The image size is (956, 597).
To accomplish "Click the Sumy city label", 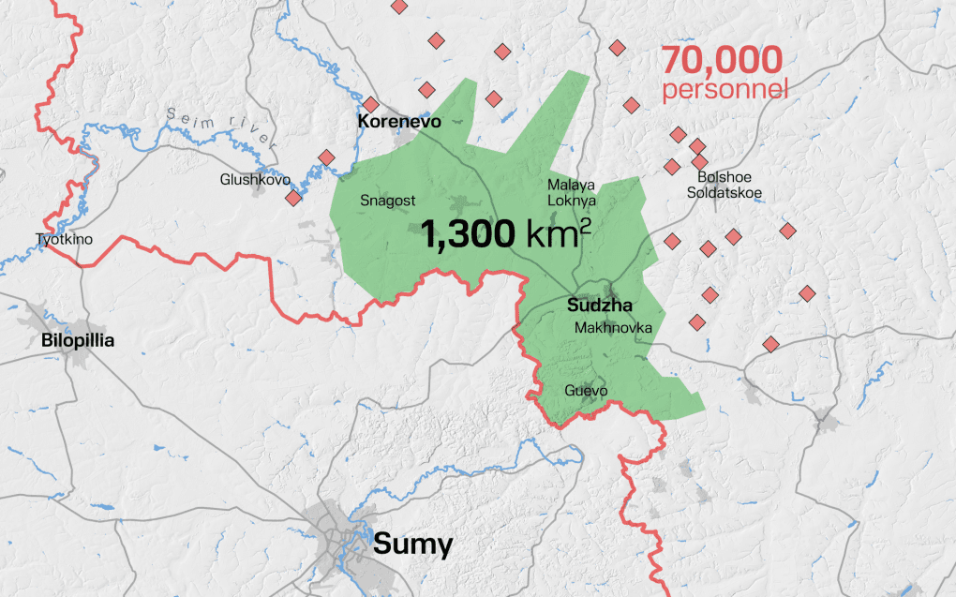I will pos(412,545).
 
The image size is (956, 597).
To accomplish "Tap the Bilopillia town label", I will pos(78,340).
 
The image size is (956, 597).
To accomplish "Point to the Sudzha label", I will pos(600,306).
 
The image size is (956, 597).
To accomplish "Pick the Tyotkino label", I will pos(65,239).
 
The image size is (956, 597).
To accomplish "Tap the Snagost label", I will pos(387,200).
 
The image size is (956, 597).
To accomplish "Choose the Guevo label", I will pos(586,391).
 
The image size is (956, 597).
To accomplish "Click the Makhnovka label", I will pos(613,327).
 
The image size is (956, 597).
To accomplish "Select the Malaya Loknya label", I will pos(571,192).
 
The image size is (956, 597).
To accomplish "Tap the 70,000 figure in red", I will pos(722,61).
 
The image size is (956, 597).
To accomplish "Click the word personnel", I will pos(724,90).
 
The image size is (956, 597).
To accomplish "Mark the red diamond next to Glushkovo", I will pos(293,198).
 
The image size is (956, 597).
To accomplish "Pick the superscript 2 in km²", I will pos(584,226).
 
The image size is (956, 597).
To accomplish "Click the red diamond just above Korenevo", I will pos(370,104).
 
